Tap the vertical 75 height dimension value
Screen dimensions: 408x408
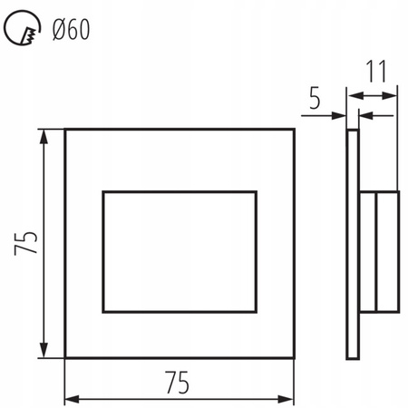(x=28, y=242)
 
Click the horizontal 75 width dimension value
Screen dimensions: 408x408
(x=179, y=384)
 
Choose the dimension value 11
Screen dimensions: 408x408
(x=374, y=71)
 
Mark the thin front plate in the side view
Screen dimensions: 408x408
(x=353, y=242)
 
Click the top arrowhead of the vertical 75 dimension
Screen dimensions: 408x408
(x=44, y=134)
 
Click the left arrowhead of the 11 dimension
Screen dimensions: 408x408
(x=353, y=94)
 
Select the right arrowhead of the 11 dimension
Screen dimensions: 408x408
(x=393, y=94)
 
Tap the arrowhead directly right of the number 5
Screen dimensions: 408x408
(x=343, y=115)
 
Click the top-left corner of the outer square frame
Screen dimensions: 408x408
(x=65, y=129)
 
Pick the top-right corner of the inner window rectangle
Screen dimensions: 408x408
(x=257, y=192)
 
